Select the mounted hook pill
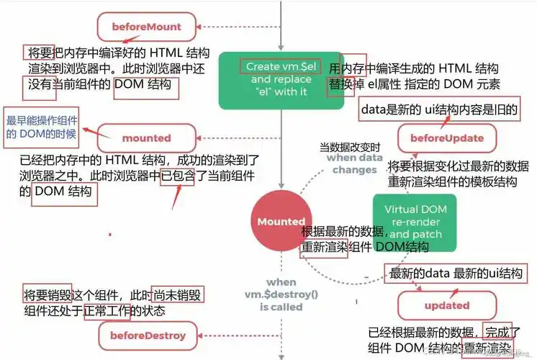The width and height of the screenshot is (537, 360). pos(146,138)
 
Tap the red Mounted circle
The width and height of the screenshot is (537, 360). pos(281,221)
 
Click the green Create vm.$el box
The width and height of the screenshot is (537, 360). pos(280,78)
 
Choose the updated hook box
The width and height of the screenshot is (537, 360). pos(446,305)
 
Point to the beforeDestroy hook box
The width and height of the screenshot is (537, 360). pos(148,335)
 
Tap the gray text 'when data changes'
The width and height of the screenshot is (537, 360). pos(354,163)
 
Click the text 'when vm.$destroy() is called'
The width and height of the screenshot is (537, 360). pos(281,294)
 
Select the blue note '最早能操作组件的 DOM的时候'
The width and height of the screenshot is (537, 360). pos(42,127)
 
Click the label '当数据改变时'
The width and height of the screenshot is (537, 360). pos(348,147)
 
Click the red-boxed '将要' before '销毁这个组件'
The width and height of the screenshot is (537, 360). pos(37,294)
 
